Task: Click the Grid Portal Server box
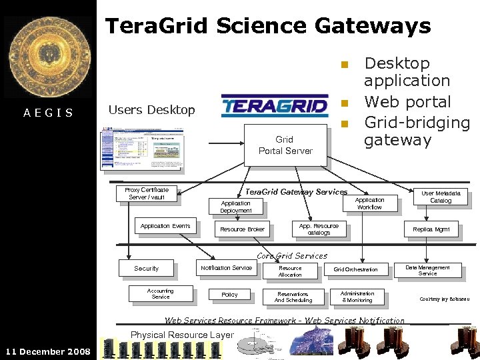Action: [285, 145]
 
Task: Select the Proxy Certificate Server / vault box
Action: [147, 193]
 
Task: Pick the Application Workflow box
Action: [369, 203]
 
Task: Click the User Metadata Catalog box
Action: [440, 197]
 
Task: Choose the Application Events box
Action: [165, 226]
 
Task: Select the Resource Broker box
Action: [242, 229]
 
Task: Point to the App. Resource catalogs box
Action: [319, 229]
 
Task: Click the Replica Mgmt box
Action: [431, 229]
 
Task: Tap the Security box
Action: [146, 269]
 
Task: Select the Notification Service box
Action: [227, 268]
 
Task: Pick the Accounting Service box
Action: [160, 294]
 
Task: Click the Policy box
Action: [229, 295]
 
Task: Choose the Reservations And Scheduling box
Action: [293, 297]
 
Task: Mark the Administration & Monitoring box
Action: [357, 297]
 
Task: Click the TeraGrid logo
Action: [274, 105]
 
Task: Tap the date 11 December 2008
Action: [47, 351]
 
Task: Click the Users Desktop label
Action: [151, 110]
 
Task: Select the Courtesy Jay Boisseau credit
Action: [444, 299]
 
